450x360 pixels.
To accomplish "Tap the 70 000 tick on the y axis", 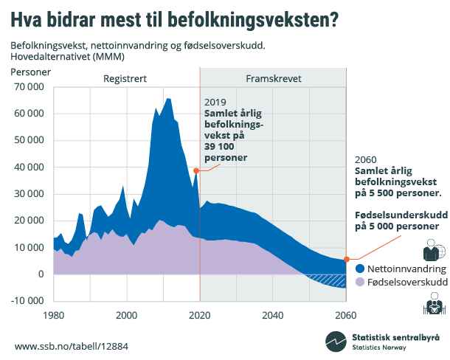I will point(29,86).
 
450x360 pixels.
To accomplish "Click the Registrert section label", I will point(125,77).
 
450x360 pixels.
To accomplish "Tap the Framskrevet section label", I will point(273,77).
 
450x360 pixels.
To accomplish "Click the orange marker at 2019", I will point(196,170).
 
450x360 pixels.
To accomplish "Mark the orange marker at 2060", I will point(345,260).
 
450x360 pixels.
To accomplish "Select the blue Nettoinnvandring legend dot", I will point(359,269).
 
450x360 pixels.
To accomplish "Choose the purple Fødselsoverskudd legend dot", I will point(359,282).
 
